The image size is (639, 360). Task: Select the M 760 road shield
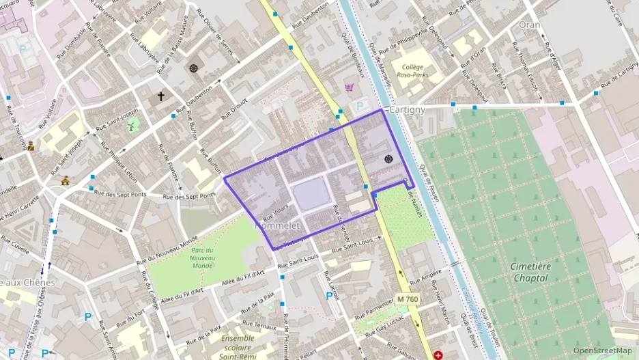(408, 299)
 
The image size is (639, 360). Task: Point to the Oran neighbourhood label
(529, 24)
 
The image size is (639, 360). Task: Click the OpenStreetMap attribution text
(603, 350)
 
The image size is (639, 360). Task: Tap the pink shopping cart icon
(350, 88)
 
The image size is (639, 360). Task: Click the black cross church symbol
(161, 96)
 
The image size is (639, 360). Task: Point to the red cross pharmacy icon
(438, 355)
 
